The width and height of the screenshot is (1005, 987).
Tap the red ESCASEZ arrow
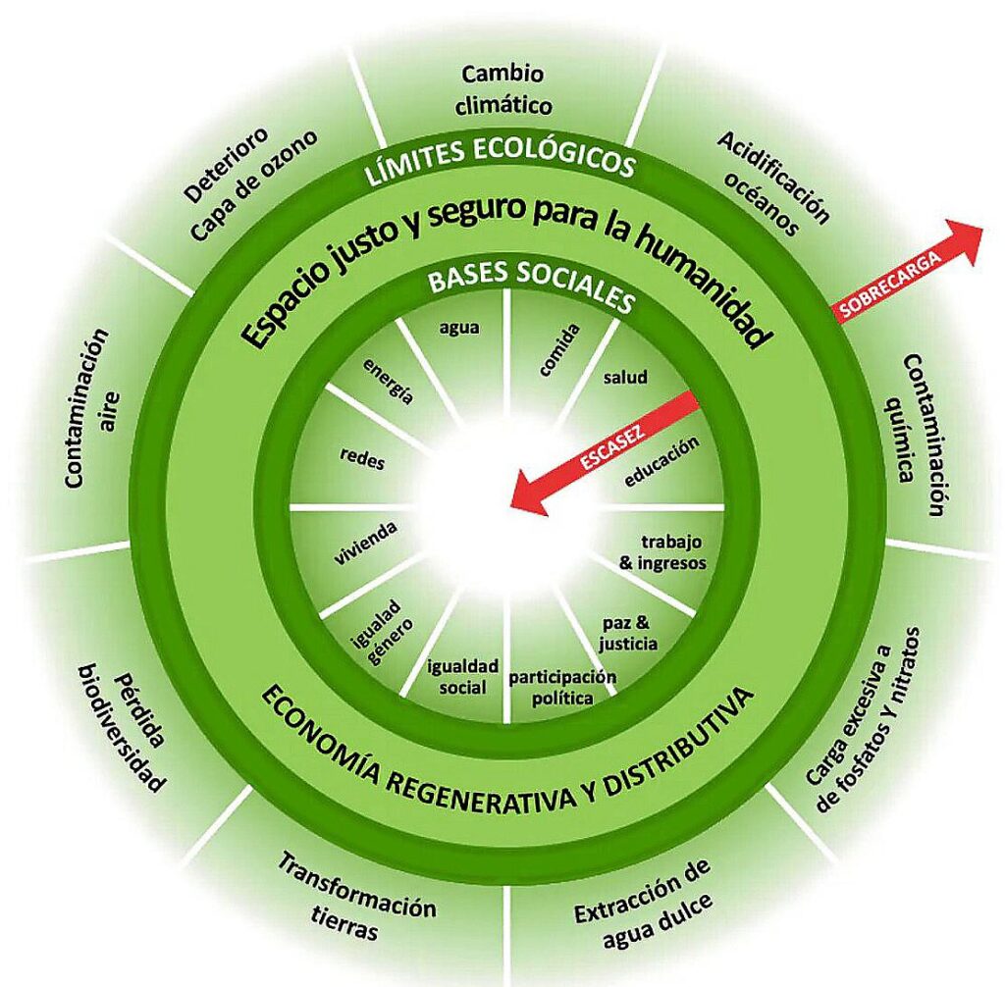click(604, 451)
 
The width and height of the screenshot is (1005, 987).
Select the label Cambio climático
click(504, 89)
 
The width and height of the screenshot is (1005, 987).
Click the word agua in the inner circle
click(459, 328)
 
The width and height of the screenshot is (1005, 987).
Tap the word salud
click(625, 377)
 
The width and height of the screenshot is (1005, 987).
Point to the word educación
click(661, 460)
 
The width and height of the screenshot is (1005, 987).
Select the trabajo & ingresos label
click(672, 551)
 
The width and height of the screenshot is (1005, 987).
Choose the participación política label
click(561, 687)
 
